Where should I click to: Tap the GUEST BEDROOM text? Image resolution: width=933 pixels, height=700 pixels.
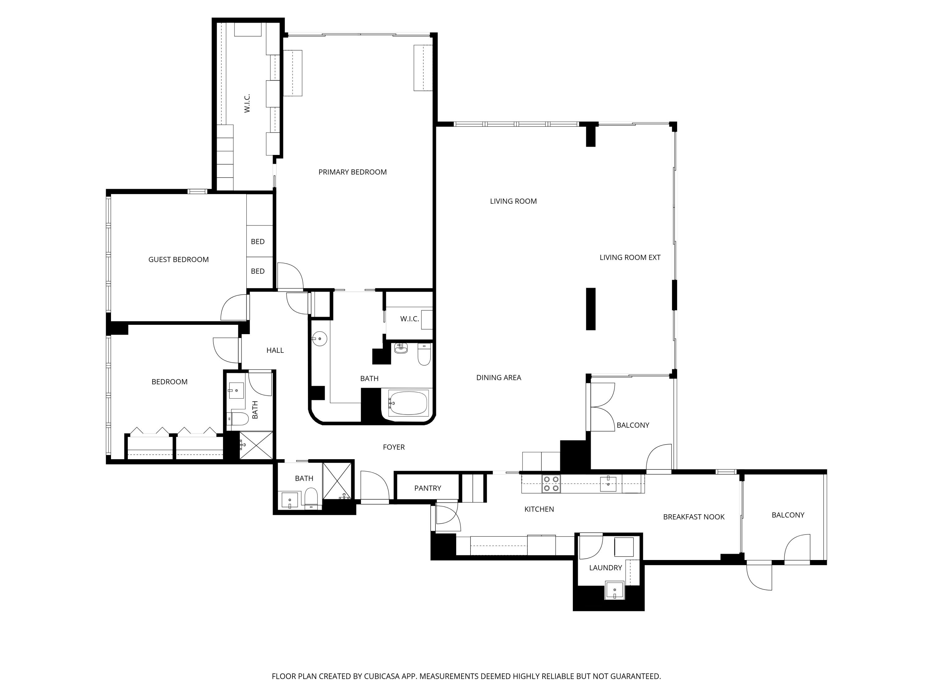point(179,259)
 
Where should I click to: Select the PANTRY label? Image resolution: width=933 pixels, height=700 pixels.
point(427,488)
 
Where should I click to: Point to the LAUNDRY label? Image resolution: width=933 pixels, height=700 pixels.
point(605,567)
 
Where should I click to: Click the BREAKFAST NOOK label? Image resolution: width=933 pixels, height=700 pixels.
point(694,517)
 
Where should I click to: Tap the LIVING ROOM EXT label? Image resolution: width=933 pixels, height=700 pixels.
point(630,257)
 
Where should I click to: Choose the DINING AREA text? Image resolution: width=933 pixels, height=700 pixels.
point(499,378)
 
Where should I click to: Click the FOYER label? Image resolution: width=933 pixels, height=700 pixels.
point(393,447)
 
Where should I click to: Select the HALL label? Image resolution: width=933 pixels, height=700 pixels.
point(275,350)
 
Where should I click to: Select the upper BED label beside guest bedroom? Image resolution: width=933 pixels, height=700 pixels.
point(258,242)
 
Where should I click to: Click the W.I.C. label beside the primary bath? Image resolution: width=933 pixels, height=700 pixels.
point(409,319)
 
